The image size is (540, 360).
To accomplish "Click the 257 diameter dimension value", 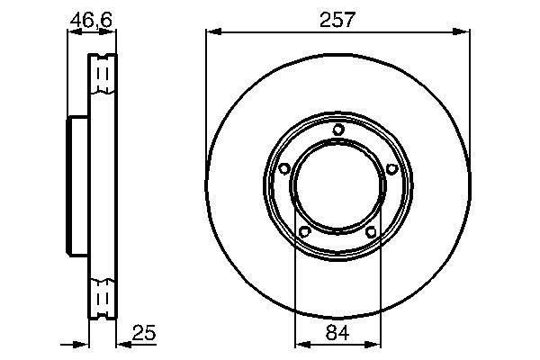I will coord(337,18).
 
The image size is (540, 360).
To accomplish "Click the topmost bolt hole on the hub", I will coord(337,130).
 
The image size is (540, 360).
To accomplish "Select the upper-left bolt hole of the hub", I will coord(284,168).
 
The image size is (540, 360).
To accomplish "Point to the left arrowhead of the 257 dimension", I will coord(211,33).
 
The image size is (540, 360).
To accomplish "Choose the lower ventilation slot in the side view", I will coord(103,297).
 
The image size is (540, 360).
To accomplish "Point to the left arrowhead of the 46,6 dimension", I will coord(73,33).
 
